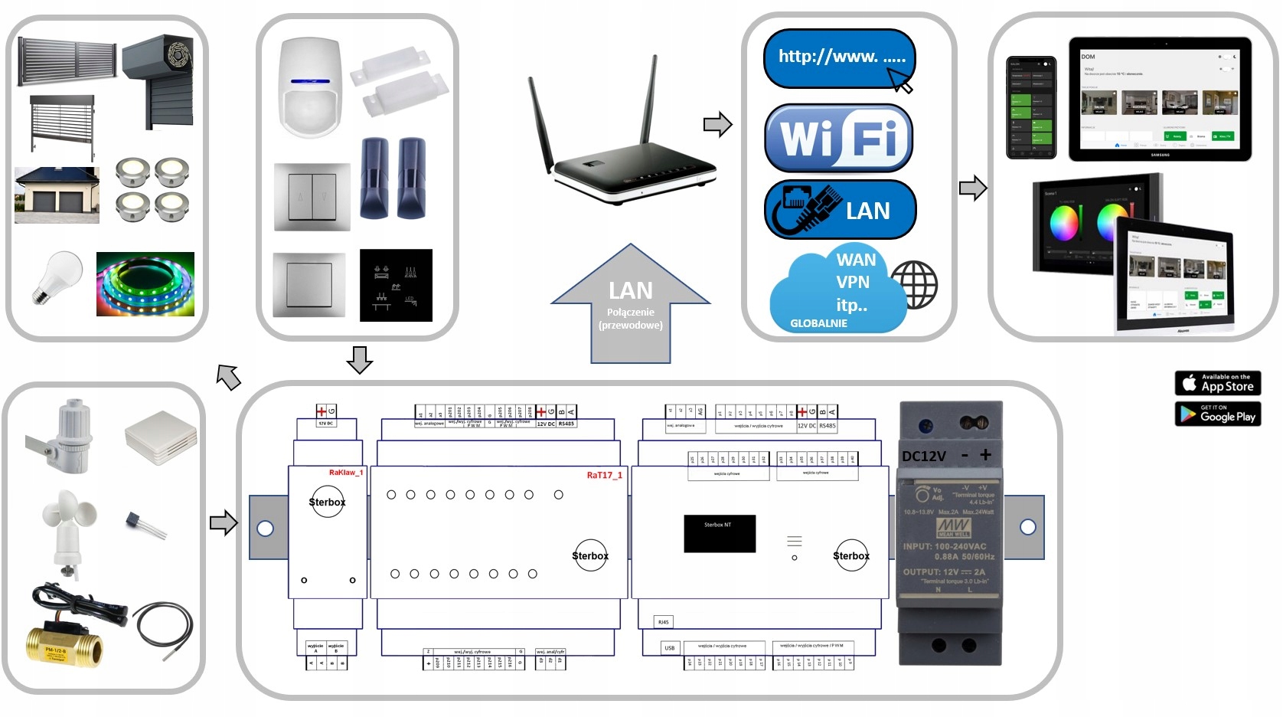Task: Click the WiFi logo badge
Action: pos(839,138)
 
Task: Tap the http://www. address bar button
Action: pos(839,58)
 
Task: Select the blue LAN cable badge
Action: pos(840,209)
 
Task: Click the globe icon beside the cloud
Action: pos(914,284)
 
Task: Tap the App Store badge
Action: pos(1217,382)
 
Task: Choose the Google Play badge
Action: pos(1217,414)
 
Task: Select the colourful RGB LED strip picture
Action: pos(145,283)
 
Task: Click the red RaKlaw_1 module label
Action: pos(345,473)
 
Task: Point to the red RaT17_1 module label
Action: pos(604,476)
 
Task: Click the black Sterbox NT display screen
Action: pos(719,533)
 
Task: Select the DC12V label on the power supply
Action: pos(923,456)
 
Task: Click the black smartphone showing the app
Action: pos(1030,107)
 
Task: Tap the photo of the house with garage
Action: pos(57,195)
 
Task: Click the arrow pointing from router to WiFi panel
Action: pos(717,124)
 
